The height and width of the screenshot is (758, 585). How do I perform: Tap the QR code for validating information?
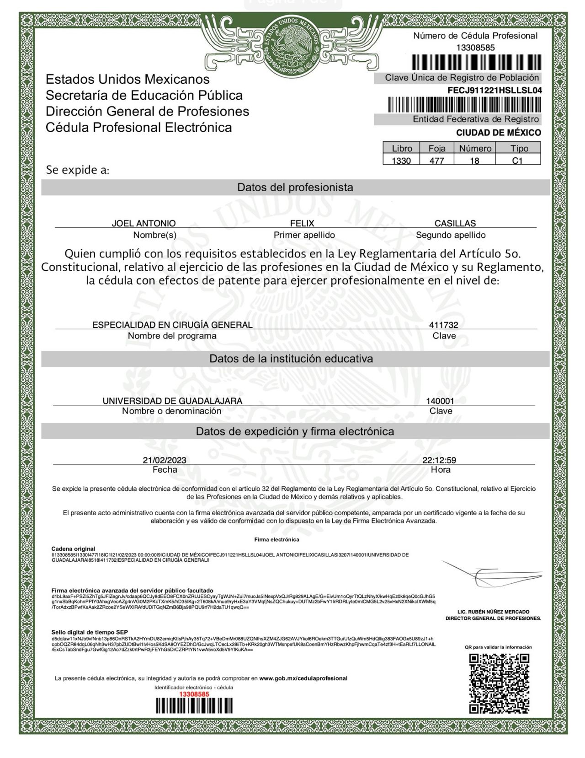499,683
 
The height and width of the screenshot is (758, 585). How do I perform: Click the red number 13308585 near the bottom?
194,694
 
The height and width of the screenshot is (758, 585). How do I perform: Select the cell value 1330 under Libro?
401,161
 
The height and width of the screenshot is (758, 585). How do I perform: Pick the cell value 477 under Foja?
437,161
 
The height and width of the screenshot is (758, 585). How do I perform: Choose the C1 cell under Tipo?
517,161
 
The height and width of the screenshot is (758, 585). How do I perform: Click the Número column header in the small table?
475,148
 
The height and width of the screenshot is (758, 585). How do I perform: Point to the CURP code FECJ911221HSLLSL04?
495,91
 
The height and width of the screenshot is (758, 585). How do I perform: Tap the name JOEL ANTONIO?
144,223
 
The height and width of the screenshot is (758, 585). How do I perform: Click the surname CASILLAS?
455,223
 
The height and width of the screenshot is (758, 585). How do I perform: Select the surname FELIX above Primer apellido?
302,223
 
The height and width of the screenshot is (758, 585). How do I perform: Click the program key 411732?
443,325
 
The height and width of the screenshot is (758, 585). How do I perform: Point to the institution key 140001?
440,401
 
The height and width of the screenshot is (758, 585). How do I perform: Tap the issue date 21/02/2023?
165,460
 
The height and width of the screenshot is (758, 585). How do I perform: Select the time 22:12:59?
439,460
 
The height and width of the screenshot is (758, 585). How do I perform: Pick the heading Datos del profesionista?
295,187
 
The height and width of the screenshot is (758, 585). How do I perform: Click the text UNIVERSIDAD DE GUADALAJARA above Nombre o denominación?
172,401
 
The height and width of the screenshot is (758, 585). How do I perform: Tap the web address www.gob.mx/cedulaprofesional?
303,678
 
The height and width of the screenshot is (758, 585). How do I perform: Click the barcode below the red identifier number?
194,706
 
